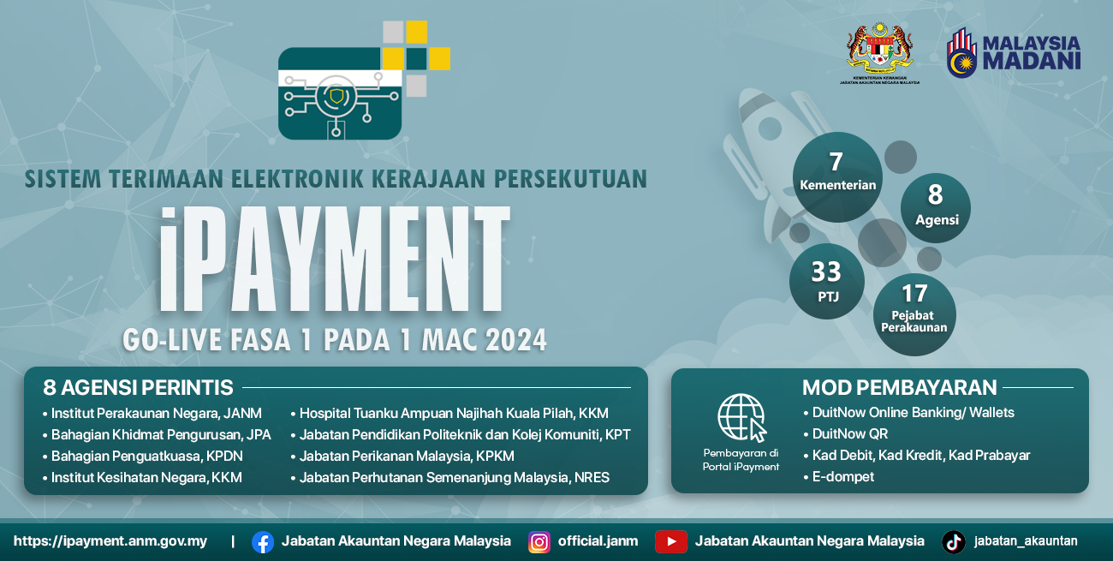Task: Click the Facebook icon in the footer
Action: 263,541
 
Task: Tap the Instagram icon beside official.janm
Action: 539,541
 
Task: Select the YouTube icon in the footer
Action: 671,541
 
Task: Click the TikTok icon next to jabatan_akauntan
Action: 954,541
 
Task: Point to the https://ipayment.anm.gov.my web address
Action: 110,541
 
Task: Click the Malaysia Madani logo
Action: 1014,52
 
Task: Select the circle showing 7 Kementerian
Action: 837,175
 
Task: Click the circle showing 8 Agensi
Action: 936,206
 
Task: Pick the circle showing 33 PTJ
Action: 826,281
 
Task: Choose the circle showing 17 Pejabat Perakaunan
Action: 914,313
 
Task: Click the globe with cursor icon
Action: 741,417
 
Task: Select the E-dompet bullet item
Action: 843,476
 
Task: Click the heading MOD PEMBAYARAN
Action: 899,387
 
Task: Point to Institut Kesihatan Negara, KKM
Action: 146,477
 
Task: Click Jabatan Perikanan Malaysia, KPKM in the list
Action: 407,456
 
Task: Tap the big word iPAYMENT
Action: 334,259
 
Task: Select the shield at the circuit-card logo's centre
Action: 339,96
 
